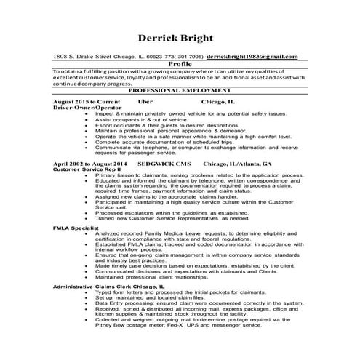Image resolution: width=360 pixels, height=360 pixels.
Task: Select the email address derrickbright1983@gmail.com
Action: tap(252, 56)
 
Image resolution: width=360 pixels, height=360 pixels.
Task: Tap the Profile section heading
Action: tap(180, 63)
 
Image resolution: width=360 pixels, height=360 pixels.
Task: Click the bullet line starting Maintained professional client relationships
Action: tap(167, 276)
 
